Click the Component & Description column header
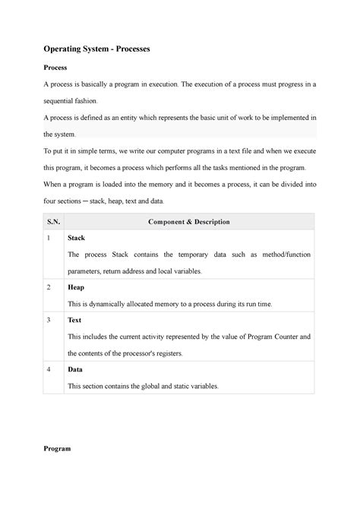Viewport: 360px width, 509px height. click(190, 222)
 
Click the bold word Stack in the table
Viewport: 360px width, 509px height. click(77, 239)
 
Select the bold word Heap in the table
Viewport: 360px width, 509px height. click(76, 288)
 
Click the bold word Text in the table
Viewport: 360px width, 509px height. click(75, 321)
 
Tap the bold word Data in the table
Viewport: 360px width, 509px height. click(75, 370)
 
